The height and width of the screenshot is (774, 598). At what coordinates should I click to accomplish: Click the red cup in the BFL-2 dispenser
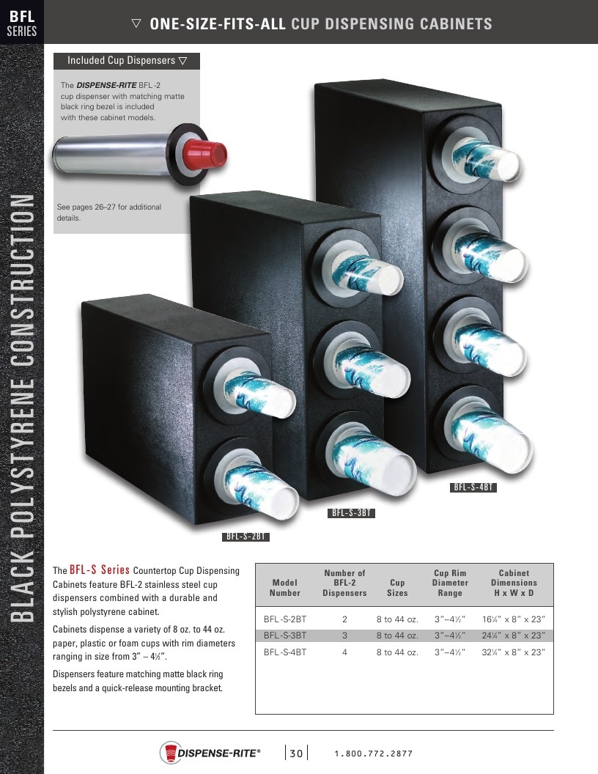[x=207, y=153]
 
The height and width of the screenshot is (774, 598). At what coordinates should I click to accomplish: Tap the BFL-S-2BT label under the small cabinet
[x=246, y=537]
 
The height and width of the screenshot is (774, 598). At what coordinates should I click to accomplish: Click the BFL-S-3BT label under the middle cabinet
[x=351, y=513]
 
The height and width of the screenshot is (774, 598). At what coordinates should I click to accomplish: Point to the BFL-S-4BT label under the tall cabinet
[x=473, y=487]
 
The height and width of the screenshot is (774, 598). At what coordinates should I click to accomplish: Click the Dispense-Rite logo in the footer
[x=210, y=753]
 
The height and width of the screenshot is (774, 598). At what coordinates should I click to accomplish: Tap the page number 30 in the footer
[x=296, y=753]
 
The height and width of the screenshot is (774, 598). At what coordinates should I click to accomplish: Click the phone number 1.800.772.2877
[x=374, y=753]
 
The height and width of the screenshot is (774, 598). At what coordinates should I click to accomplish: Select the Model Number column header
[x=284, y=587]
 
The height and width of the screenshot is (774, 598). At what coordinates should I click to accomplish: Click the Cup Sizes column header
[x=397, y=587]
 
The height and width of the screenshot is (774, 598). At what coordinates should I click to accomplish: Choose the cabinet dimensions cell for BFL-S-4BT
[x=514, y=652]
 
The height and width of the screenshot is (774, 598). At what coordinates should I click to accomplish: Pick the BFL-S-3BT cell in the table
[x=284, y=635]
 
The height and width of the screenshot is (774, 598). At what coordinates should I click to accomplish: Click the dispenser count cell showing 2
[x=344, y=619]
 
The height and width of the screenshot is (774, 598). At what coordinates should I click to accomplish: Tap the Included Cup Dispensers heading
[x=127, y=61]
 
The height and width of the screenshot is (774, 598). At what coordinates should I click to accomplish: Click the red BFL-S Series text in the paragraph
[x=100, y=570]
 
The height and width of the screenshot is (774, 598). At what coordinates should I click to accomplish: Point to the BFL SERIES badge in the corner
[x=22, y=23]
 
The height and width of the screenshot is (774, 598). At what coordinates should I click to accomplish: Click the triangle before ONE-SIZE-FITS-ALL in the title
[x=136, y=23]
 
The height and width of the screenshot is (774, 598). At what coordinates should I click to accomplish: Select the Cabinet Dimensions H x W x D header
[x=514, y=583]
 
